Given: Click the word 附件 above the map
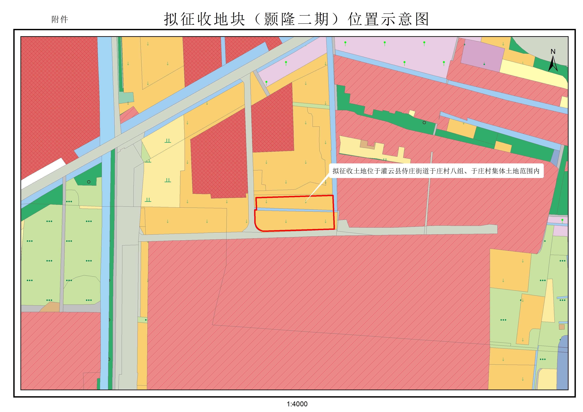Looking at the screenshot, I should coord(60,20).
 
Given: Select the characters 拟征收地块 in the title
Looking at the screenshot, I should coord(204,19).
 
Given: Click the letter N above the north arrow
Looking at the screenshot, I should coord(553,51).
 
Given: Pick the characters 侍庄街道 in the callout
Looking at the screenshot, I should coord(415,171).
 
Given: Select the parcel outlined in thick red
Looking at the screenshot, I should coord(294,220).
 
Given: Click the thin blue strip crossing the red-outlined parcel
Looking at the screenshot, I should coord(294,210).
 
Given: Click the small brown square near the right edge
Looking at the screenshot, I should coord(562,327).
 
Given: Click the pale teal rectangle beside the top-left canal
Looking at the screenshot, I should coord(126,98).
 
